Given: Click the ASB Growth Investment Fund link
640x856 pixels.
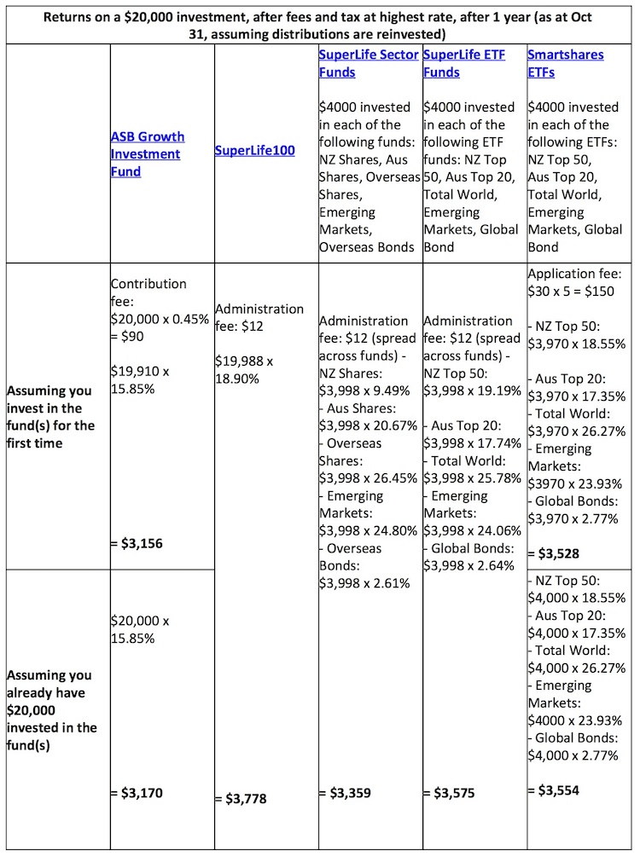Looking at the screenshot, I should pos(147,153).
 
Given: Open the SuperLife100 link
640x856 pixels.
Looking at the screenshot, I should pos(255,151).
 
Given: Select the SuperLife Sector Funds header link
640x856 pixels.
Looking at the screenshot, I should pos(369,63).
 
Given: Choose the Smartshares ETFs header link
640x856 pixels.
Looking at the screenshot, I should pos(565,63).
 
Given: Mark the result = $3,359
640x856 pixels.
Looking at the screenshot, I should pos(345,793).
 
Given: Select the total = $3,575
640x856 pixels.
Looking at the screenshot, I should pos(449,793).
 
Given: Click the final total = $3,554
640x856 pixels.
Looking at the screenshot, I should pos(553,790).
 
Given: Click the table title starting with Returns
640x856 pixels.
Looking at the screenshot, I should pos(319,25).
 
